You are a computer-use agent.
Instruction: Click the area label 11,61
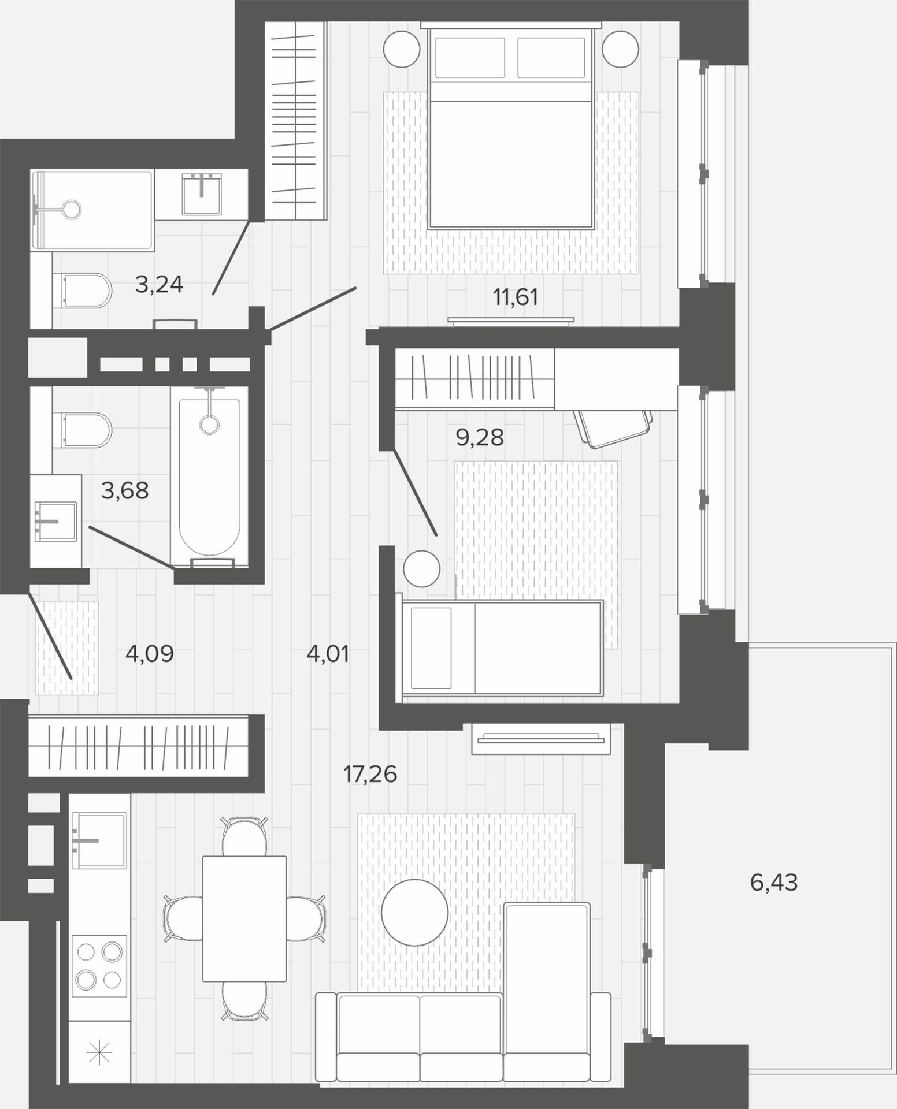click(515, 297)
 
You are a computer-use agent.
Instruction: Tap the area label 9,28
click(480, 438)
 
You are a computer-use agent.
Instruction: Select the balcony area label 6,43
click(773, 883)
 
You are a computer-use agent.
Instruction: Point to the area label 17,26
click(370, 774)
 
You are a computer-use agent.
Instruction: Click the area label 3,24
click(159, 284)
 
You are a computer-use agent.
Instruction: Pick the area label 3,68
click(125, 491)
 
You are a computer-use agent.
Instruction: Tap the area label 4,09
click(149, 654)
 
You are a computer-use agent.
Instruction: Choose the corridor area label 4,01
click(328, 654)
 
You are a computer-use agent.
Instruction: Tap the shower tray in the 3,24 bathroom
click(92, 210)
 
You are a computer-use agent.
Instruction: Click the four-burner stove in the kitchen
click(99, 966)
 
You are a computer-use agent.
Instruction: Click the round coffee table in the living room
click(415, 913)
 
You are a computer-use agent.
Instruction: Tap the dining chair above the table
click(245, 836)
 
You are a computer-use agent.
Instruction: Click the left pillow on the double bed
click(470, 57)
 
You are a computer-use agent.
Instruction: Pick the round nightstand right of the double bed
click(620, 49)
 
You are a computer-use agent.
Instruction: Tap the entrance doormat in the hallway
click(67, 647)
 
